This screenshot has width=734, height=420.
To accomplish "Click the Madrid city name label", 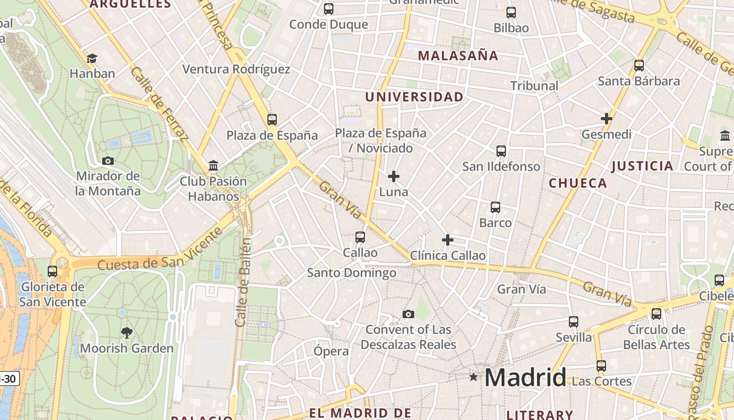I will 525,377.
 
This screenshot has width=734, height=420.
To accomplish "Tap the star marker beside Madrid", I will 474,377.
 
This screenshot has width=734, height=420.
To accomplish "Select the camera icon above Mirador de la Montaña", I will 108,161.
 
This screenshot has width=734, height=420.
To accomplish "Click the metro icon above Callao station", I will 360,237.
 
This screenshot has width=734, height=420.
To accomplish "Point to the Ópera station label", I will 331,351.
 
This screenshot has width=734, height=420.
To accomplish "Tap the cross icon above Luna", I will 394,176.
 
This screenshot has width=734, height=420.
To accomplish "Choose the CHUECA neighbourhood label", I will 578,183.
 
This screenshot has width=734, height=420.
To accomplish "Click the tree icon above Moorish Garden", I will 126,332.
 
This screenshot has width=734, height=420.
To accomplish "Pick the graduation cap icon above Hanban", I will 92,58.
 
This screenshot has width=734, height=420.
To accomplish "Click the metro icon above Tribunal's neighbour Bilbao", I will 511,13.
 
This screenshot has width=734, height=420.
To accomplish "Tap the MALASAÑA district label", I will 458,56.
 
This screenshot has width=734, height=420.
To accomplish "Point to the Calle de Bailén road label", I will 244,282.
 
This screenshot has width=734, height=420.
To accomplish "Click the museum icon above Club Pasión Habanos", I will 213,166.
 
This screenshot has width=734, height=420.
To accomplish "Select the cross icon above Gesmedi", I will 607,119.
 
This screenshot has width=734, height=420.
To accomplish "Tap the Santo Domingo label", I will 351,272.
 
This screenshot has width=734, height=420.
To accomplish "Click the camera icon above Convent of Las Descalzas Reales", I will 408,314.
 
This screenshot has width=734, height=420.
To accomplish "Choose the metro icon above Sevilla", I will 574,321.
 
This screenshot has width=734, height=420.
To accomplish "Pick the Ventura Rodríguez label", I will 236,69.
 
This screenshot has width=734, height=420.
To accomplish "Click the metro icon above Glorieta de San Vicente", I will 52,271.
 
